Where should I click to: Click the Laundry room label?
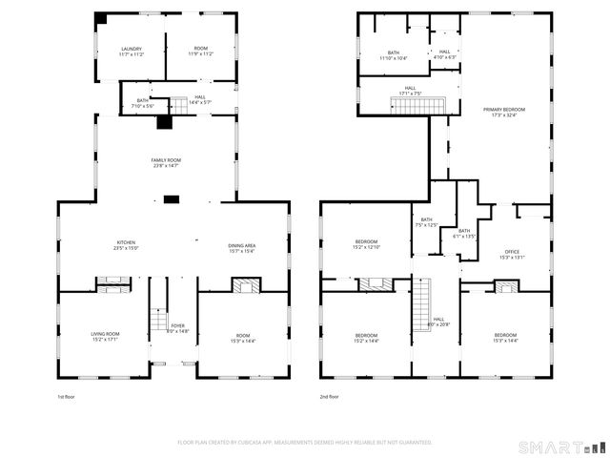(x=131, y=52)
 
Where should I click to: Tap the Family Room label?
(x=166, y=163)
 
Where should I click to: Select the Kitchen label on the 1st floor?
(x=127, y=245)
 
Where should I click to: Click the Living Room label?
(x=105, y=336)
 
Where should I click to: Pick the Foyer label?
(x=178, y=328)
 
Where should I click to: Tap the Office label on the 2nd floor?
(x=512, y=254)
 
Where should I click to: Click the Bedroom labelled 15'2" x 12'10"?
(x=367, y=243)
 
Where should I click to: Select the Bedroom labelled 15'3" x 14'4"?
(x=505, y=338)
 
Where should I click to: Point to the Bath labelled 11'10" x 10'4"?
(x=394, y=55)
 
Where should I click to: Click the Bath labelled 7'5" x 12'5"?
(x=426, y=222)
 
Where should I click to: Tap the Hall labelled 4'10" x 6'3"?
(x=444, y=54)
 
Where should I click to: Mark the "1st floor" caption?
(x=68, y=396)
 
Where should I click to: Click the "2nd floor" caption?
(x=329, y=396)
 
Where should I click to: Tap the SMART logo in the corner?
(x=561, y=447)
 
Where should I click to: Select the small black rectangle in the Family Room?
(x=172, y=198)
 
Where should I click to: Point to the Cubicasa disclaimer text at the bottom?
(x=305, y=442)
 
